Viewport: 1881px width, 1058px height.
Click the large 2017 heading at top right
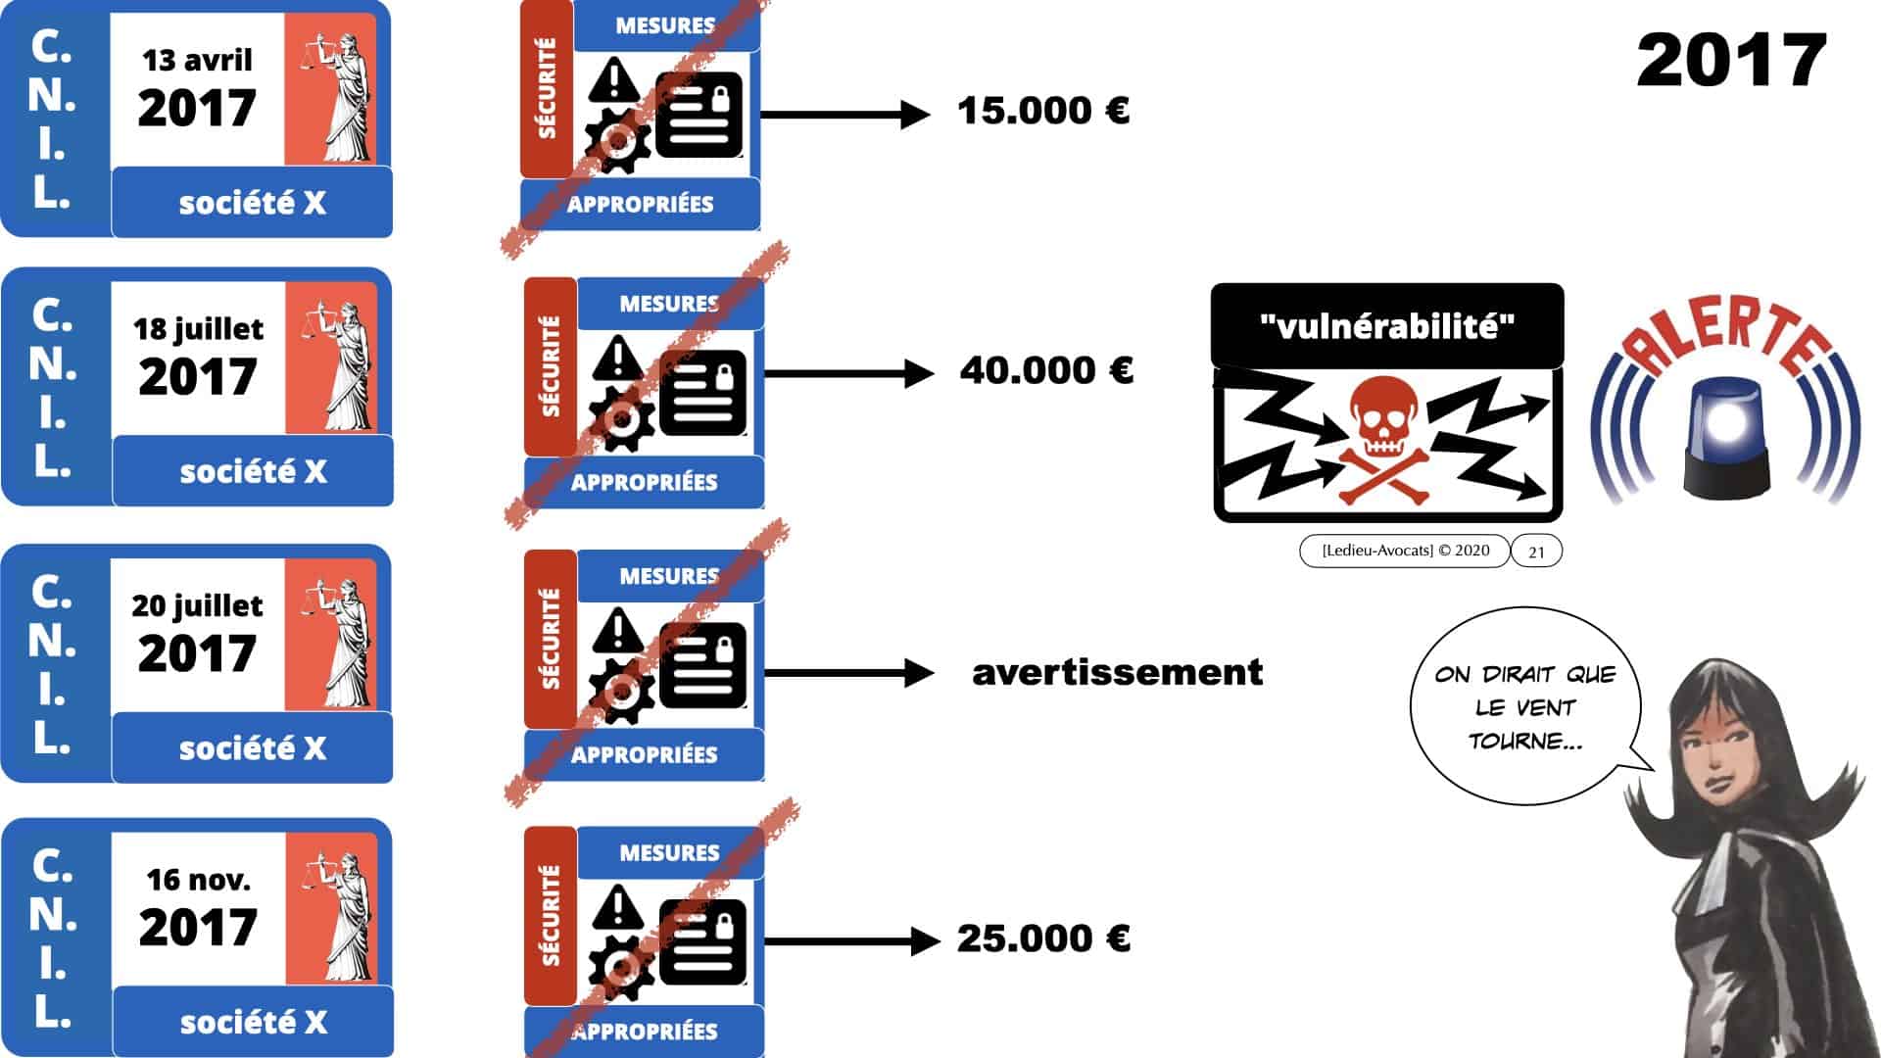pyautogui.click(x=1731, y=61)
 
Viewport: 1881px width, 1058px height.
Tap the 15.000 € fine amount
pyautogui.click(x=1043, y=111)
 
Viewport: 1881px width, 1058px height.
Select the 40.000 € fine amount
pyautogui.click(x=1046, y=370)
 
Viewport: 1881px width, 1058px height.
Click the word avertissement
pyautogui.click(x=1117, y=672)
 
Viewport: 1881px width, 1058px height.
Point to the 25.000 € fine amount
pyautogui.click(x=1043, y=938)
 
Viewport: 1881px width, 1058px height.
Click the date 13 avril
pyautogui.click(x=197, y=61)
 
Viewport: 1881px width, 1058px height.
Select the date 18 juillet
pyautogui.click(x=198, y=329)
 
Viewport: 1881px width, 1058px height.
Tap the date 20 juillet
pyautogui.click(x=197, y=606)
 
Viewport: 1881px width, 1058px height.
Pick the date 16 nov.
pyautogui.click(x=198, y=880)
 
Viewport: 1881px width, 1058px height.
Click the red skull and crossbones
pyautogui.click(x=1382, y=441)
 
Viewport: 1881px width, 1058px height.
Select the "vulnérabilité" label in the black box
pyautogui.click(x=1386, y=326)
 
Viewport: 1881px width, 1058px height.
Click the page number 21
pyautogui.click(x=1536, y=552)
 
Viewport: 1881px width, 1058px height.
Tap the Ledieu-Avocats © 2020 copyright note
pyautogui.click(x=1405, y=551)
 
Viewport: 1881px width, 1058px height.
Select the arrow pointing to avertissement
pyautogui.click(x=848, y=673)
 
